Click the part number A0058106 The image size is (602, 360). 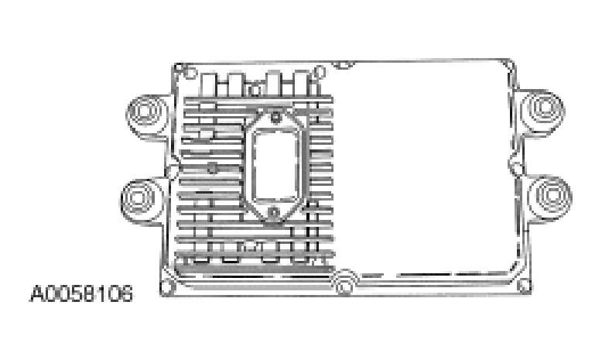[x=80, y=294]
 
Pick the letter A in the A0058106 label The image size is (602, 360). [x=36, y=294]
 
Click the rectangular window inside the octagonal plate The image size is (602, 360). [x=274, y=166]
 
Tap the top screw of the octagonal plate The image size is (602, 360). [x=273, y=118]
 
